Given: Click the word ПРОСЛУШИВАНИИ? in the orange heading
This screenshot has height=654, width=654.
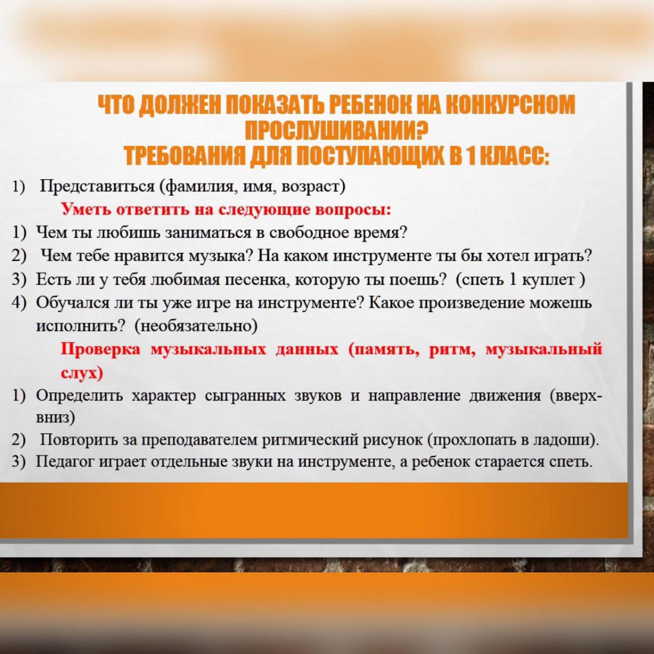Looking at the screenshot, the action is (x=336, y=131).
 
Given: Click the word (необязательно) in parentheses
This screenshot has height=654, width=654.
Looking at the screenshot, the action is (x=196, y=326).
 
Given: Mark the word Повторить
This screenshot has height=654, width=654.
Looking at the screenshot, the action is (x=79, y=440).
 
